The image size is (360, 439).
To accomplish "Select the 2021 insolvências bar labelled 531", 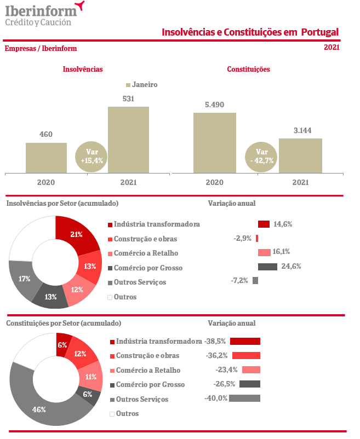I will tap(128, 140).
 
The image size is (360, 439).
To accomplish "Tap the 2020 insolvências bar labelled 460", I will tap(46, 158).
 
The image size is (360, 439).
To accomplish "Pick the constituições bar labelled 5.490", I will tap(214, 143).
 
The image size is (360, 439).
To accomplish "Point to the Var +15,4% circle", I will tap(92, 157).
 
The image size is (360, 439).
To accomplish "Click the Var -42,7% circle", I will tap(262, 156).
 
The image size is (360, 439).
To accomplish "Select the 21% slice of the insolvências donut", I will tap(76, 234).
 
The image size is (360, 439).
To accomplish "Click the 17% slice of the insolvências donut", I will tap(23, 279).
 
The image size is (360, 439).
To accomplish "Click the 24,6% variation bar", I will tap(267, 267).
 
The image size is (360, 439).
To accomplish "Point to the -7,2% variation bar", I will tap(255, 280).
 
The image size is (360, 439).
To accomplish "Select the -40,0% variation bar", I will tap(244, 398).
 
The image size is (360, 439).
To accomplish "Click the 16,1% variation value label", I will tap(281, 252).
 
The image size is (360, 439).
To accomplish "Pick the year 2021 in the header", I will tap(332, 47).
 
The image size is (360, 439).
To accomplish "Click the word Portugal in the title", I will tap(319, 32).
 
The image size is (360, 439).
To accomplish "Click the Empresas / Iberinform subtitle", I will tap(41, 48).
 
